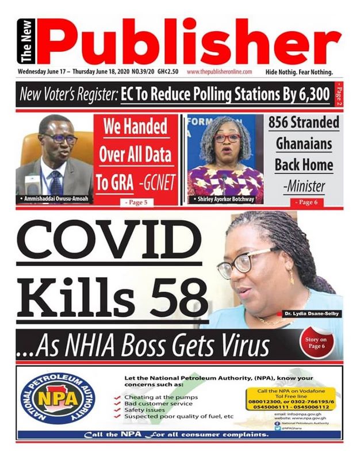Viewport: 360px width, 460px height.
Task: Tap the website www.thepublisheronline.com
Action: tap(219, 72)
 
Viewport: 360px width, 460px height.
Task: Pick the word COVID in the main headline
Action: tap(105, 245)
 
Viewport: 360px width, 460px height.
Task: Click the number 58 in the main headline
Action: tap(182, 297)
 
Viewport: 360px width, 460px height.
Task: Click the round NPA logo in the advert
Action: tap(58, 399)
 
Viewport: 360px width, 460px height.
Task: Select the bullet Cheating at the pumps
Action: tap(163, 397)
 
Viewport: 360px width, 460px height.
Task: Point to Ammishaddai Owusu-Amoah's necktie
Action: tap(56, 183)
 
